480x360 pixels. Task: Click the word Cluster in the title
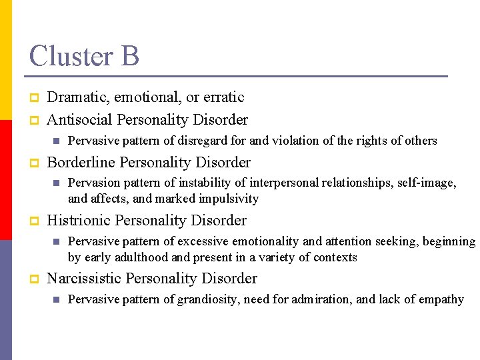pos(71,55)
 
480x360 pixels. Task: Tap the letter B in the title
pos(129,55)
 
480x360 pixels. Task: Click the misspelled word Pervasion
pos(94,183)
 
